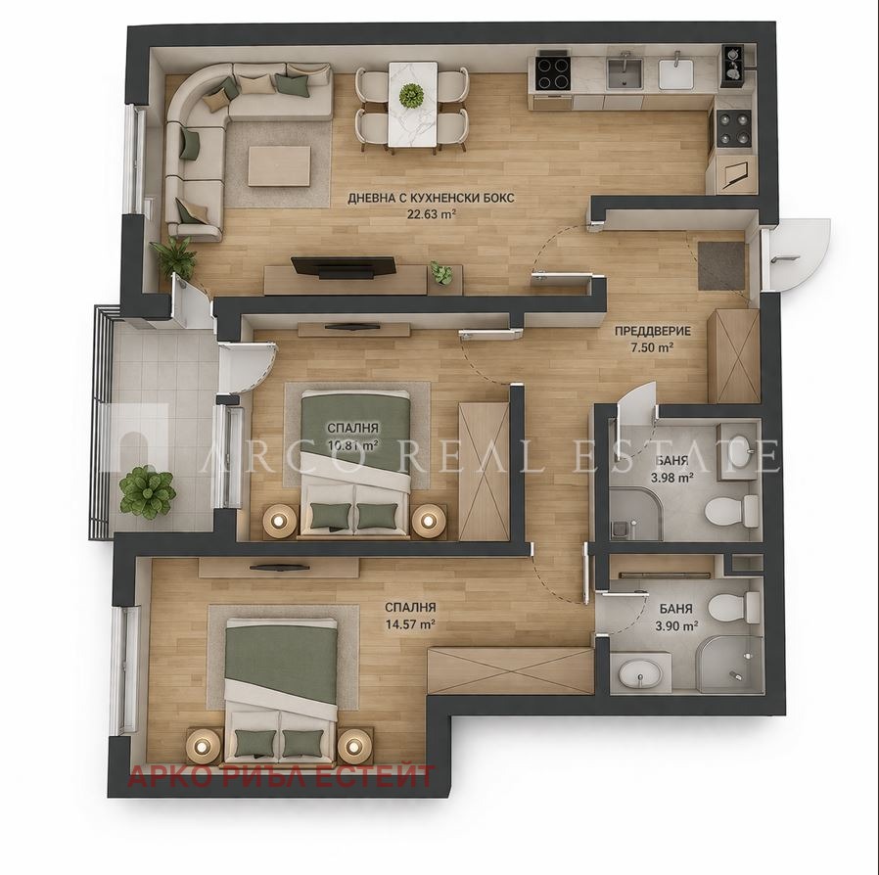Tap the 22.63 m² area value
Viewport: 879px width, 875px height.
tap(432, 216)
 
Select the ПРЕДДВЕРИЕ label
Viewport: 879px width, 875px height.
tap(652, 331)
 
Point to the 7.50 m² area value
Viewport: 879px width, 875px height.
tap(652, 347)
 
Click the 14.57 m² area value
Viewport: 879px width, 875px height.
tap(410, 623)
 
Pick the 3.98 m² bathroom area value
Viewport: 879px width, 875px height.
tap(671, 478)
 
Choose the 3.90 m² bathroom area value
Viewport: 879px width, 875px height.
tap(675, 625)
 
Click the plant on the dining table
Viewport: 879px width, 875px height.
tap(412, 95)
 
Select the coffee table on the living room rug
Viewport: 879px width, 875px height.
tap(279, 165)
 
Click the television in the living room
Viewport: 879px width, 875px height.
tap(343, 265)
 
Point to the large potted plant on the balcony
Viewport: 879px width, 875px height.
tap(147, 491)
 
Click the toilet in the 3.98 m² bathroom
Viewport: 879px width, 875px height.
tap(733, 510)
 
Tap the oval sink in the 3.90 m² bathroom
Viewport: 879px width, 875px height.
tap(641, 673)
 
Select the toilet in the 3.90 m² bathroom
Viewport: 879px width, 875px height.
tap(733, 607)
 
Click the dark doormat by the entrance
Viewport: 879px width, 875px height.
tap(721, 265)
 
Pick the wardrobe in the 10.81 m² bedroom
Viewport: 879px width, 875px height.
tap(484, 471)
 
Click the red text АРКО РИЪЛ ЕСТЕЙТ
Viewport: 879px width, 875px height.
tap(282, 778)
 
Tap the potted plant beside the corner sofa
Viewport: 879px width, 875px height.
tap(175, 255)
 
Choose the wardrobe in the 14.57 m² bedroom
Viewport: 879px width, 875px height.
tap(510, 670)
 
